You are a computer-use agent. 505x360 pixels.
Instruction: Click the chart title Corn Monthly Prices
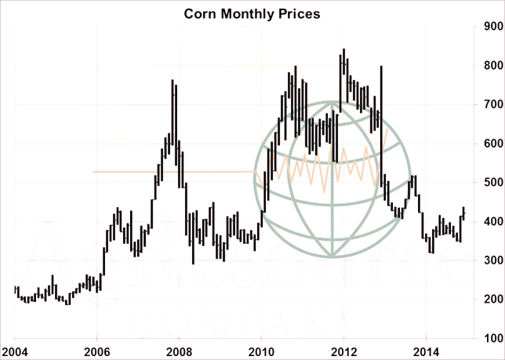pyautogui.click(x=252, y=13)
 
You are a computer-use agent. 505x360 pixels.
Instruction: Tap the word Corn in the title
pyautogui.click(x=199, y=13)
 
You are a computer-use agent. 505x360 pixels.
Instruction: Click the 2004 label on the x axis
pyautogui.click(x=14, y=351)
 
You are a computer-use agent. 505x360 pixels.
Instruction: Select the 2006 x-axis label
pyautogui.click(x=96, y=351)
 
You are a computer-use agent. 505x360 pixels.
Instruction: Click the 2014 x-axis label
pyautogui.click(x=427, y=351)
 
